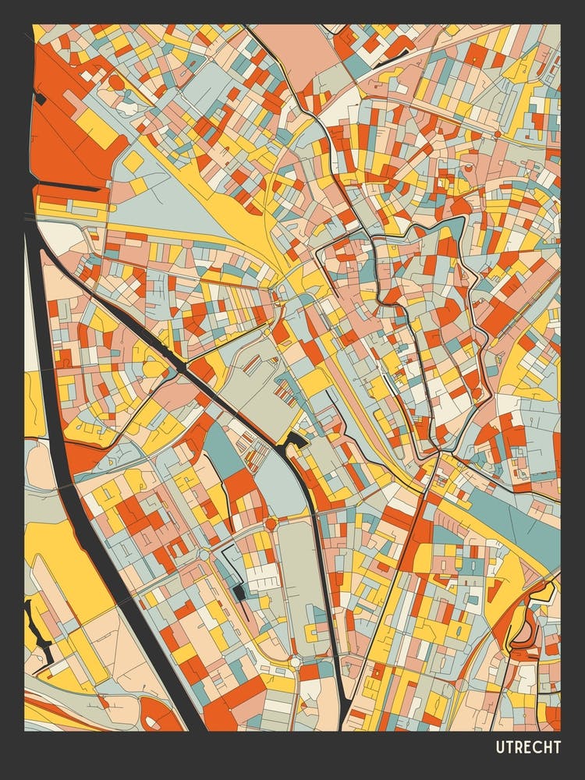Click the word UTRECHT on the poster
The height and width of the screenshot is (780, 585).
[528, 747]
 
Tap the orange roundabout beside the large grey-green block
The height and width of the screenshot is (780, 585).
[271, 524]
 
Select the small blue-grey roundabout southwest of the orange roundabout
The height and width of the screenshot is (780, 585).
[204, 555]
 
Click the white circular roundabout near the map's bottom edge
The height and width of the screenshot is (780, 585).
[295, 661]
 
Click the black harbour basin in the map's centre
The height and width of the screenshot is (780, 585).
[296, 441]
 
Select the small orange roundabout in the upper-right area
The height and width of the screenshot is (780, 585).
[497, 134]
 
